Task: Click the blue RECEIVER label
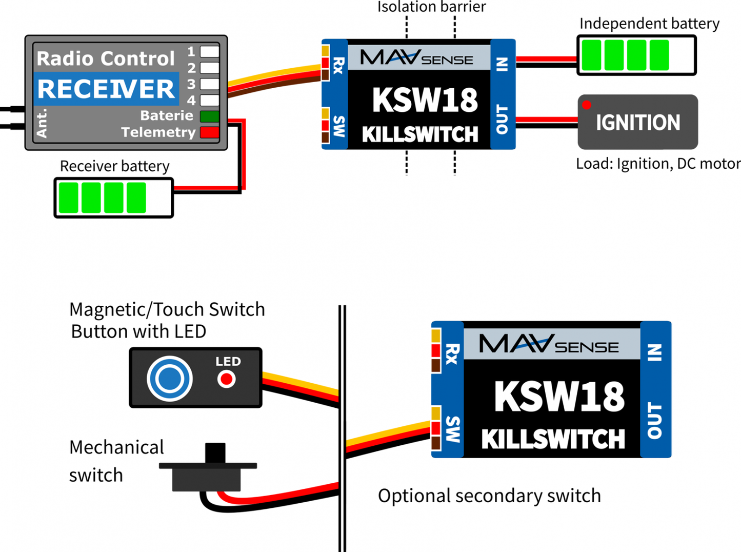[106, 89]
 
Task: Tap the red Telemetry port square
[209, 132]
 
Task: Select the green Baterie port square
[209, 116]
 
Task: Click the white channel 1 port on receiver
[209, 51]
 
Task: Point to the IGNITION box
[637, 122]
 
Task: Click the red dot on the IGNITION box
[587, 105]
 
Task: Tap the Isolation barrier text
[431, 7]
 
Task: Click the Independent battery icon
[636, 55]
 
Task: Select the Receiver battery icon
[114, 198]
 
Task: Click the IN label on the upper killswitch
[503, 64]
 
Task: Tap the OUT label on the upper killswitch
[503, 120]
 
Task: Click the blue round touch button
[170, 379]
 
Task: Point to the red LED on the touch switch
[226, 379]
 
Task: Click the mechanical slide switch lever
[215, 453]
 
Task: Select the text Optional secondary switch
[489, 496]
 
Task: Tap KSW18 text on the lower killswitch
[559, 397]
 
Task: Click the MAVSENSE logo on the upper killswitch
[416, 57]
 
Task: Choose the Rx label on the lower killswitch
[452, 353]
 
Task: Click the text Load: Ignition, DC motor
[658, 164]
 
